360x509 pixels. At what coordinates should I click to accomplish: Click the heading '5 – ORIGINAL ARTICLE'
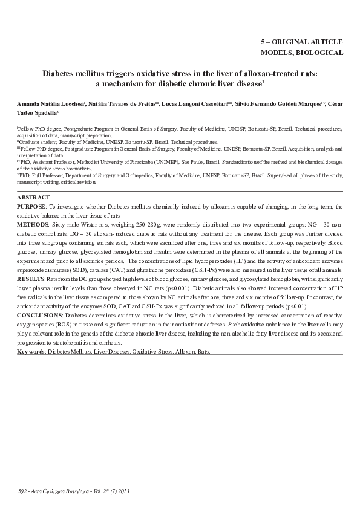pyautogui.click(x=302, y=42)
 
